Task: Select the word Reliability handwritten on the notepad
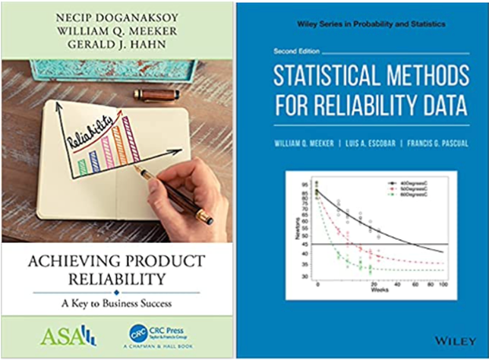[x=91, y=129]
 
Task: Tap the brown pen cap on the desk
[x=156, y=95]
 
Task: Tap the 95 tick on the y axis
[x=304, y=185]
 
